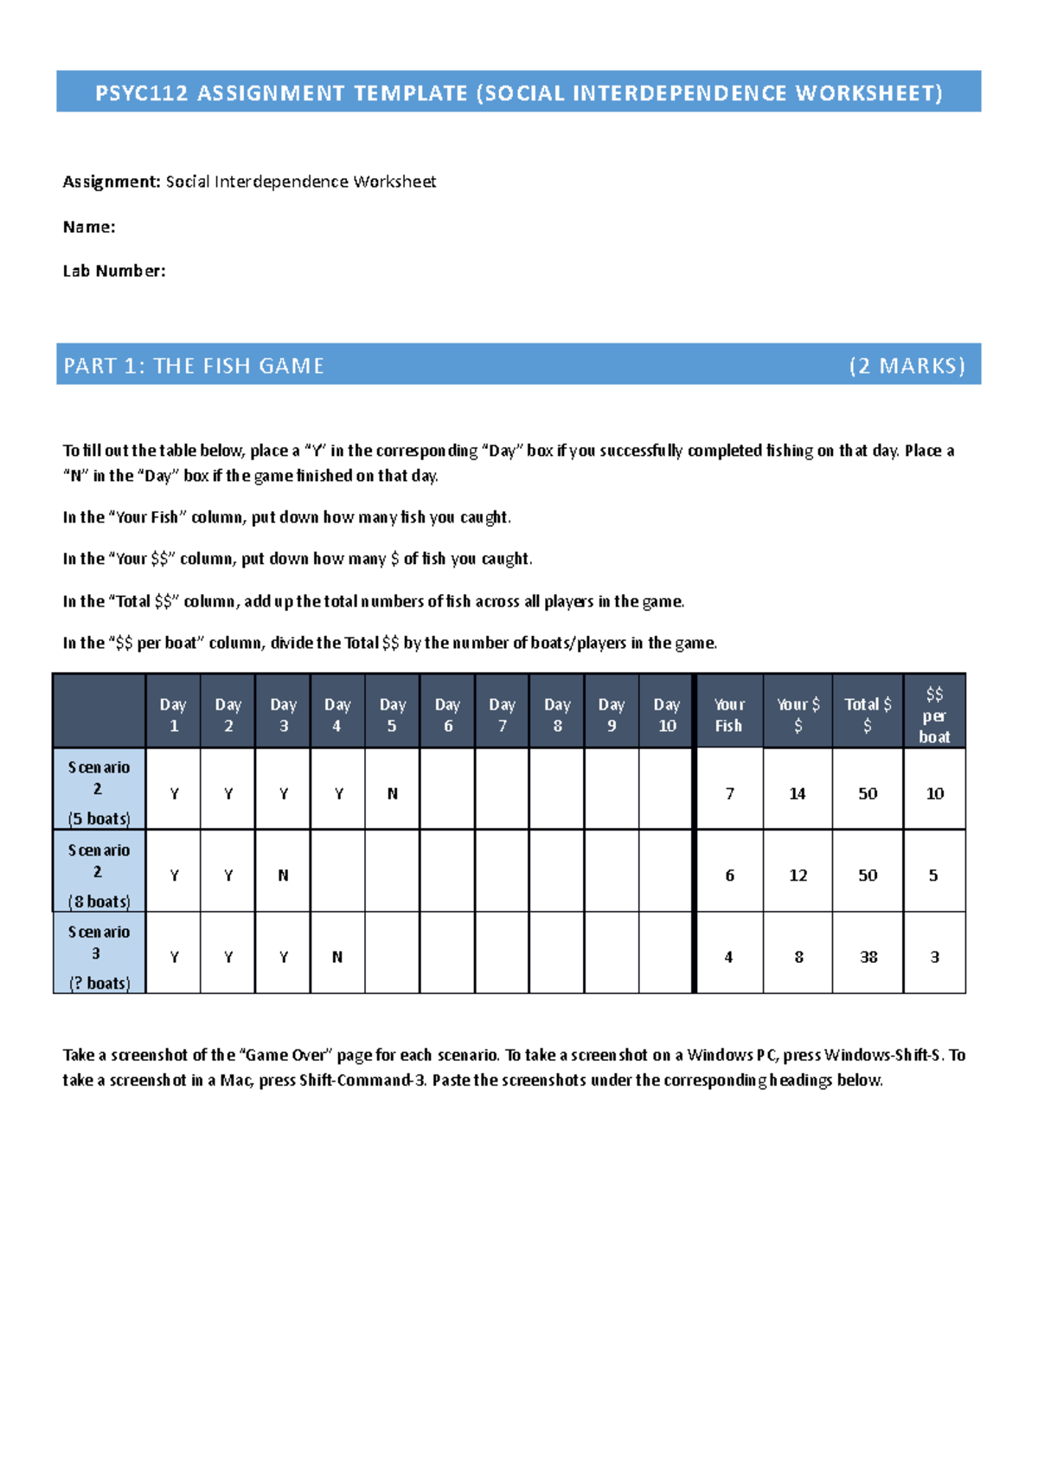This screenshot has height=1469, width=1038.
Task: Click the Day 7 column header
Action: coord(502,715)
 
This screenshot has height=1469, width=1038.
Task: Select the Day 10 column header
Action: coord(666,715)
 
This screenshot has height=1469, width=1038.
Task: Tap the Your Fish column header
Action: coord(728,715)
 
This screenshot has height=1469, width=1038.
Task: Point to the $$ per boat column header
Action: coord(934,715)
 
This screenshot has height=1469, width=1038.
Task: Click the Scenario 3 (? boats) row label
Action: coord(99,956)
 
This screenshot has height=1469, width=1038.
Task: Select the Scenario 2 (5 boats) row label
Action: coord(99,792)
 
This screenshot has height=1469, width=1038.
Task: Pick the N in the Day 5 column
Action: coord(393,793)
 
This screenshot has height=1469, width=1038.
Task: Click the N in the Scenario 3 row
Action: coord(337,957)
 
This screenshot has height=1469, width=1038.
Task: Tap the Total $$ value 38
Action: coord(868,957)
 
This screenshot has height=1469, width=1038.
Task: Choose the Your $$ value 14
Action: coord(798,793)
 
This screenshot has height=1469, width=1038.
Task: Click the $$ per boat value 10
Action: coord(935,793)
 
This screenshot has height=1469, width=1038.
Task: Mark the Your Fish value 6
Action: coord(729,876)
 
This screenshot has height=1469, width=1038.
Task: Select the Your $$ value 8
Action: coord(798,957)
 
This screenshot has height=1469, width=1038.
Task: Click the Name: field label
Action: coord(89,227)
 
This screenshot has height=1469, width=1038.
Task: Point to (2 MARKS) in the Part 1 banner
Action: coord(907,366)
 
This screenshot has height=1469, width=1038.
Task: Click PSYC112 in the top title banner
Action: coord(141,93)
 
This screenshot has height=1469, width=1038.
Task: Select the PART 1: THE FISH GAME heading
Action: coord(194,366)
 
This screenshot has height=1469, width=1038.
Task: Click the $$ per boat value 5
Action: coord(933,876)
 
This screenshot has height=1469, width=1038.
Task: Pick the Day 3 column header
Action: coord(283,715)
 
